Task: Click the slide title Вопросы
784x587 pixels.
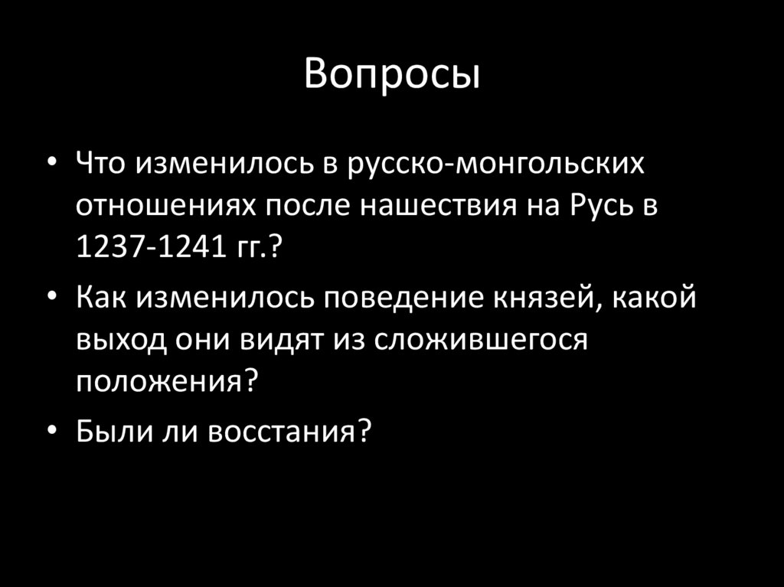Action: point(392,75)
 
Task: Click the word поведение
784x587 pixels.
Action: point(386,297)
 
